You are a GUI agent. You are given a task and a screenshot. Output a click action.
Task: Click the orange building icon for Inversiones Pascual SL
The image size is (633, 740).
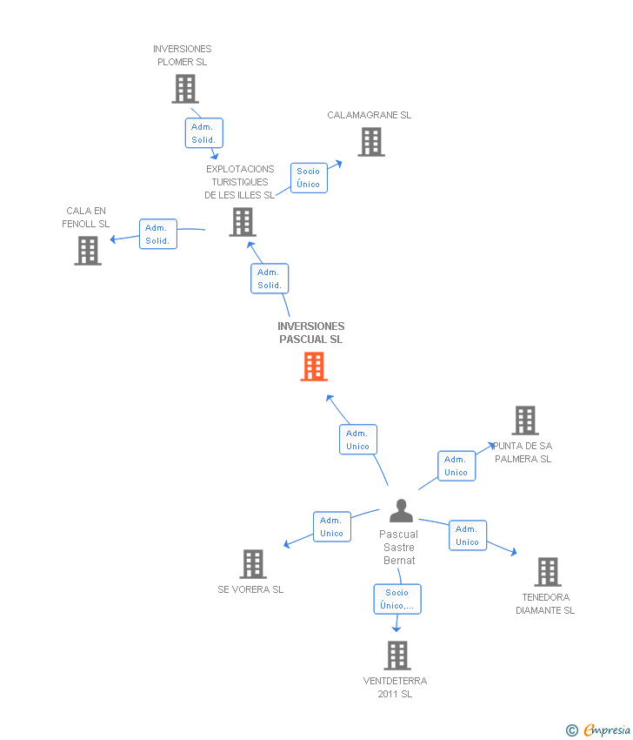(x=313, y=367)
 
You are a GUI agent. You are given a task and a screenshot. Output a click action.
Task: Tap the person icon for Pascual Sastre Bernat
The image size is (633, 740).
(x=400, y=510)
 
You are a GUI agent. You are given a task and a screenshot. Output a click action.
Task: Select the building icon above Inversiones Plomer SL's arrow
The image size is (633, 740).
(x=184, y=89)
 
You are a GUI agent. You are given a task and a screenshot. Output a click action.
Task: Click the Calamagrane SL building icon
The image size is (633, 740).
(x=371, y=142)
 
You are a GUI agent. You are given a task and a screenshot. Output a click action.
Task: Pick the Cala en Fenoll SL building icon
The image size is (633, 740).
(x=88, y=251)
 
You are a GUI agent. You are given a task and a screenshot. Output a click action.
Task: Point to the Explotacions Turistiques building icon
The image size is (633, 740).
(x=242, y=222)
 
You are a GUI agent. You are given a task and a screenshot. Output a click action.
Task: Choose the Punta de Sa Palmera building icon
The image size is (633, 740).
(x=525, y=420)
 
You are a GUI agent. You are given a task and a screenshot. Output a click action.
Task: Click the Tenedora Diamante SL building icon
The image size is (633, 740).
(x=547, y=572)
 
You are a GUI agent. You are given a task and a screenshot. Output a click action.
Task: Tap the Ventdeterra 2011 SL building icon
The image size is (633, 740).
(x=396, y=656)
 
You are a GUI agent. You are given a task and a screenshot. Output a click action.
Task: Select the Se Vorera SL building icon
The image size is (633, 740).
(x=252, y=564)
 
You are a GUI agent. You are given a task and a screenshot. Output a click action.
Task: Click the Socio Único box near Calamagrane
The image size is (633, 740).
(x=309, y=178)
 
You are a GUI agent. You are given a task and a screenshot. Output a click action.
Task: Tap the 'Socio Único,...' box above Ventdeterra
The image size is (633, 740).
(x=397, y=599)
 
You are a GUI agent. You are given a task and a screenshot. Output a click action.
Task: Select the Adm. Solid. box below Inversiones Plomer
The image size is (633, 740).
(x=203, y=133)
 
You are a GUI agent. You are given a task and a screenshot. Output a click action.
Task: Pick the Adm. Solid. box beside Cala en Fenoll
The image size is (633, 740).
(x=157, y=234)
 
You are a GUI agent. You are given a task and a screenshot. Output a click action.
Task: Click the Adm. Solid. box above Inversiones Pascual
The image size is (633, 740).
(x=269, y=279)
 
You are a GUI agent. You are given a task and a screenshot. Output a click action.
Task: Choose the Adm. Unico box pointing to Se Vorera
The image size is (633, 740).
(x=331, y=527)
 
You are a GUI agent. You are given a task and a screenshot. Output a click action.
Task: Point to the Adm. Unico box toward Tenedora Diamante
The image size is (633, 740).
(x=467, y=535)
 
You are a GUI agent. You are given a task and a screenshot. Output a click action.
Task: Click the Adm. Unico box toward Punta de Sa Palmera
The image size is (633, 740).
(x=456, y=466)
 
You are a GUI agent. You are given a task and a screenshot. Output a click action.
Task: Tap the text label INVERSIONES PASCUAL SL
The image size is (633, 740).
(x=311, y=333)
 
